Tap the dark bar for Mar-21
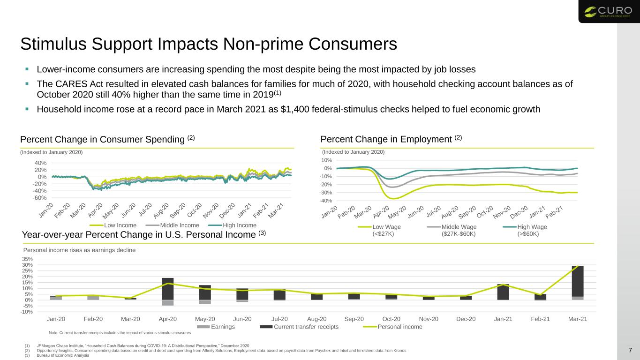pos(578,281)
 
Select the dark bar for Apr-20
pos(168,289)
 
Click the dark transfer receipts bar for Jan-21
pos(503,292)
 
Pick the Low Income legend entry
pos(113,225)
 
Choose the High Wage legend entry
pos(525,230)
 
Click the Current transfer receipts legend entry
pos(299,327)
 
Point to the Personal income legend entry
pos(392,327)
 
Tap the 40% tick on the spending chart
pos(41,163)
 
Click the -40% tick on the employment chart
pos(325,201)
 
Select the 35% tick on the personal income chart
pos(27,259)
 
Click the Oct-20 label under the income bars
pos(391,319)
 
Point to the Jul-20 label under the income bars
pos(279,319)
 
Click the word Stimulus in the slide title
pos(53,44)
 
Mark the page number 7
pos(630,350)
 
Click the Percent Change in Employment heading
pos(391,139)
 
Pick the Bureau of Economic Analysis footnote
pos(63,355)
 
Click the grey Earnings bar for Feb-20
pos(93,298)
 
